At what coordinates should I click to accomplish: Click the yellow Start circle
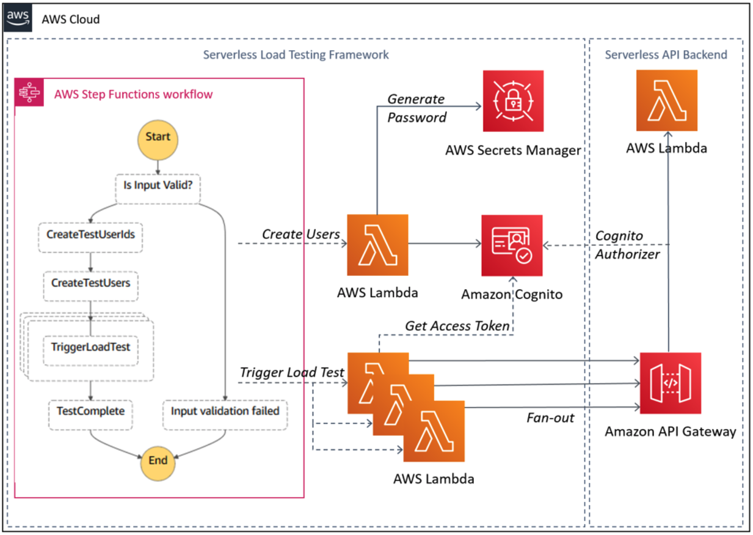158,140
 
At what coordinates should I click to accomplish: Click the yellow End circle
158,463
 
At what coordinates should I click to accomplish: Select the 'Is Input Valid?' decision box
158,189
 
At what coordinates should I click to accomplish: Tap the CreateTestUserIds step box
90,238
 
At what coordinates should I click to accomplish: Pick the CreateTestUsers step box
90,286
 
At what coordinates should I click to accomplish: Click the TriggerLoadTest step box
90,350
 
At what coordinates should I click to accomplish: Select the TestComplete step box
90,415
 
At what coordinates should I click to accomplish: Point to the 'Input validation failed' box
225,415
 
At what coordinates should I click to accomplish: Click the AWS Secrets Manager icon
513,101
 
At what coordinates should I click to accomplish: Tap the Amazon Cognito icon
512,245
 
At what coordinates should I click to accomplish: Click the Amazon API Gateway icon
671,383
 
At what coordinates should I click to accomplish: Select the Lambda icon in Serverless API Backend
667,100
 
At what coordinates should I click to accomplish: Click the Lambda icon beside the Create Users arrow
377,245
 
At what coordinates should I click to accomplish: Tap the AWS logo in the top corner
18,18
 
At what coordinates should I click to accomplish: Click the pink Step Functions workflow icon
29,92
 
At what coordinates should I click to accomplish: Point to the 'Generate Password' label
417,108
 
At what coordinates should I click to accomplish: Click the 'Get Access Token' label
457,326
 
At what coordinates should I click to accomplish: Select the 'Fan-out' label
550,418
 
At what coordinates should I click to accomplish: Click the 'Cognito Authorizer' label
627,245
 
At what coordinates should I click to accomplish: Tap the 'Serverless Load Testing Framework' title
296,54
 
